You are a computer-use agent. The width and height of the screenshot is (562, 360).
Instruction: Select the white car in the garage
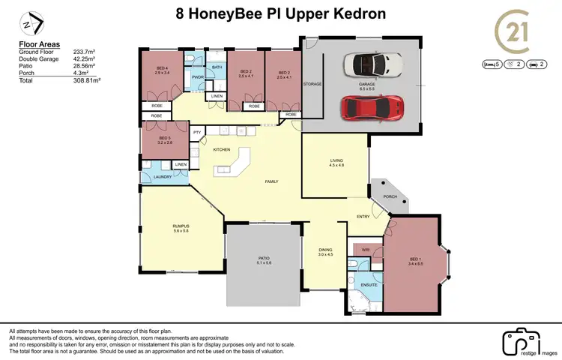pyautogui.click(x=372, y=65)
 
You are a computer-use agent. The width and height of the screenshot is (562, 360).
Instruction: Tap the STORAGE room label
pyautogui.click(x=312, y=84)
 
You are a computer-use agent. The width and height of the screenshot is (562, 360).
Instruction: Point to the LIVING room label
pyautogui.click(x=335, y=160)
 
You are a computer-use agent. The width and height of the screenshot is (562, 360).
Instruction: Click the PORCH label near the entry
pyautogui.click(x=390, y=196)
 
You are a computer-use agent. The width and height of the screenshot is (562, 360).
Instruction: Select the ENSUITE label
pyautogui.click(x=368, y=285)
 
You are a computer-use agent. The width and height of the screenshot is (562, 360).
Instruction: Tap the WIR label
pyautogui.click(x=366, y=249)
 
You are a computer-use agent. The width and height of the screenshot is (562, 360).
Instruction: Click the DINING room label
pyautogui.click(x=325, y=252)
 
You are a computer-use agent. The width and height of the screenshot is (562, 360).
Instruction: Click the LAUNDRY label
pyautogui.click(x=163, y=176)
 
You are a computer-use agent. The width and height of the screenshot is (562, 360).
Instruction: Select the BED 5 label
pyautogui.click(x=165, y=139)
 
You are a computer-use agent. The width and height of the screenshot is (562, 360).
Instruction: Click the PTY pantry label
pyautogui.click(x=197, y=133)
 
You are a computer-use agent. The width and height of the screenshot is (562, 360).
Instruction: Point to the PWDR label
pyautogui.click(x=198, y=76)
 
